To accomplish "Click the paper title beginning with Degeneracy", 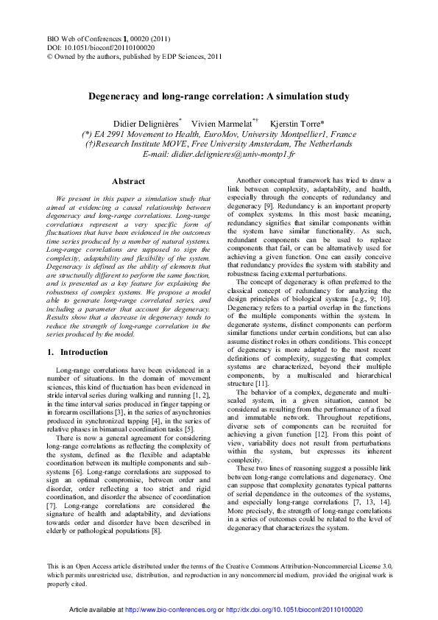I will click(219, 96).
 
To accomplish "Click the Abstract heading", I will click(128, 181).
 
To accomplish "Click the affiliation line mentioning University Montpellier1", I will click(219, 135).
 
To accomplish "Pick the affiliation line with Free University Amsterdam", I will click(219, 145).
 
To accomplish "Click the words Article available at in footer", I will click(100, 610).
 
